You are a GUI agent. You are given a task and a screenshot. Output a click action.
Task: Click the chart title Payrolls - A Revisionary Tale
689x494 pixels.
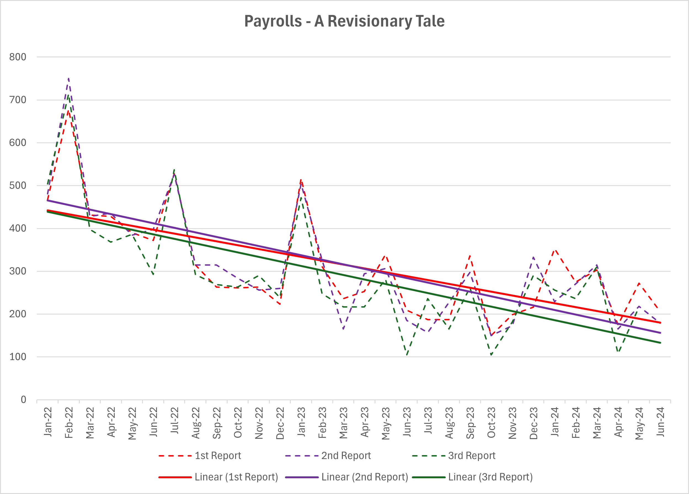[344, 21]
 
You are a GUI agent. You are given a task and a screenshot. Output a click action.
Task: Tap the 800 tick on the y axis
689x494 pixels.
[18, 57]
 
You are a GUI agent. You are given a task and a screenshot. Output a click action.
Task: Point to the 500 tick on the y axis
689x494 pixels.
[18, 185]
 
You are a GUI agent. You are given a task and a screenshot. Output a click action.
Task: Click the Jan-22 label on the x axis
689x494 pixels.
[48, 422]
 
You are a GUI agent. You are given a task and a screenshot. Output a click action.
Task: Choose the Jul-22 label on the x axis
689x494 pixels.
[174, 422]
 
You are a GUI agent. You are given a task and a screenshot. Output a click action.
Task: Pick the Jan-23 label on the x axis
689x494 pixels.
[301, 422]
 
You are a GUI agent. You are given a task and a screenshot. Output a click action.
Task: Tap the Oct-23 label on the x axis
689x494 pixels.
[491, 423]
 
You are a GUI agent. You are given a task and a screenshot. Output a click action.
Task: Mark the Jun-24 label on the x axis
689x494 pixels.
[660, 422]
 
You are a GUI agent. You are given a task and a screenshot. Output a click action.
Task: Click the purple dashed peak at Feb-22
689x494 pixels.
[69, 79]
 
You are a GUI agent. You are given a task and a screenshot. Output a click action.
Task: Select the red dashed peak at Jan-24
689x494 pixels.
[555, 250]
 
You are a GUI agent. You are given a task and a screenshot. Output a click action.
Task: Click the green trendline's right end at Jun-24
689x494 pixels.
[660, 343]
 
